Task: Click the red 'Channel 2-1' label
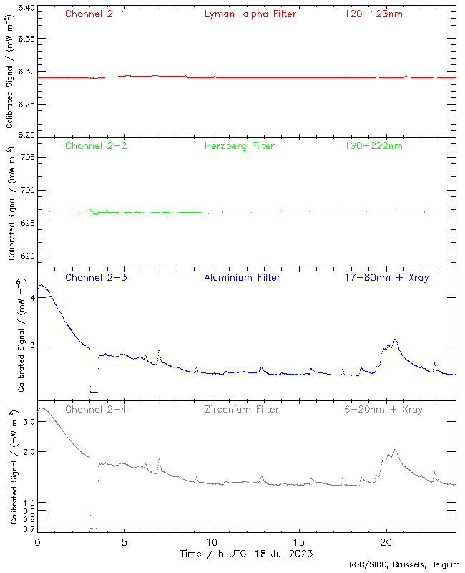coord(96,14)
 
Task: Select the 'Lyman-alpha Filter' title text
coord(250,14)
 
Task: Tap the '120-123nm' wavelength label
coord(373,14)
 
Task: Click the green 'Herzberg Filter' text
coord(240,145)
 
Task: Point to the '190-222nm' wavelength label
coord(373,145)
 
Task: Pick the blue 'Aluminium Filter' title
coord(243,277)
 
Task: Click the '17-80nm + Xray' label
coord(386,277)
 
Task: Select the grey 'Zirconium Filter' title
coord(242,409)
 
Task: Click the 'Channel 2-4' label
coord(96,409)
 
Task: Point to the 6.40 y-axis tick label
coord(25,9)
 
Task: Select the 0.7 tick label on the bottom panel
coord(27,529)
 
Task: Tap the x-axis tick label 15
coord(299,542)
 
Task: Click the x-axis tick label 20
coord(387,542)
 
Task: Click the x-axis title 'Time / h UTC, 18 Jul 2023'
coord(247,554)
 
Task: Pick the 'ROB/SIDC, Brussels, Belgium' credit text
coord(404,565)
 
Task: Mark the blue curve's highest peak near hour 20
coord(395,339)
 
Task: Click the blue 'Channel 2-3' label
coord(96,277)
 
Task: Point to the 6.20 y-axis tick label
coord(25,134)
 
